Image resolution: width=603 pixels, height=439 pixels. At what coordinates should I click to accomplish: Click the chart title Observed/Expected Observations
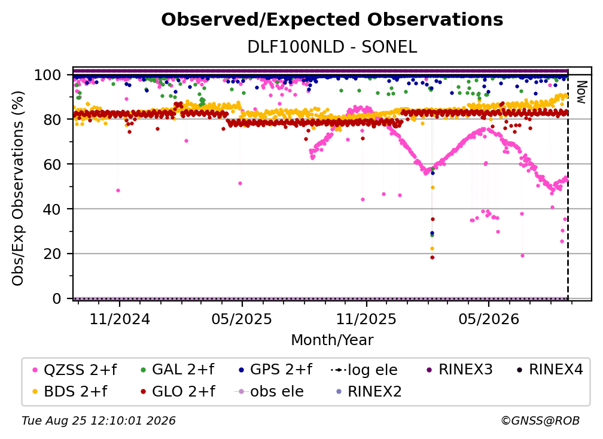[x=332, y=20]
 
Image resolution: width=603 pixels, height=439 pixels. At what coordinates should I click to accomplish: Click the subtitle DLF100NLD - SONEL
[x=332, y=47]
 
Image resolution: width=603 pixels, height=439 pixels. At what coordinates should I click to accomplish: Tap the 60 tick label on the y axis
[x=52, y=164]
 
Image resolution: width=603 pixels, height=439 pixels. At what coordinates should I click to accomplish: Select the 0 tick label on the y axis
[x=56, y=298]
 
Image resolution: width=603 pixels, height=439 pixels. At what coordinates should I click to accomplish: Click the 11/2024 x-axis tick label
[x=120, y=319]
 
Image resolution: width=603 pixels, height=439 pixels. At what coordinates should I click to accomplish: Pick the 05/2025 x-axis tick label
[x=242, y=319]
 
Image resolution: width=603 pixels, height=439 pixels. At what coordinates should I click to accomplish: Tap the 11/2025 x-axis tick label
[x=366, y=319]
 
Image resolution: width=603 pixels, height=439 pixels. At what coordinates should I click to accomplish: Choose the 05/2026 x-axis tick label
[x=489, y=319]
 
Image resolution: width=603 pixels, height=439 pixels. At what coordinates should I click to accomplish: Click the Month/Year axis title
[x=332, y=340]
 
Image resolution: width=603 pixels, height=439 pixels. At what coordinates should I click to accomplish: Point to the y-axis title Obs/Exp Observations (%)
[x=18, y=188]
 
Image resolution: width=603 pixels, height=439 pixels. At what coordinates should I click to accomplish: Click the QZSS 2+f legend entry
[x=75, y=370]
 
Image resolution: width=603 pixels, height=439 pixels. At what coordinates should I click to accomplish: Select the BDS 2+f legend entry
[x=70, y=392]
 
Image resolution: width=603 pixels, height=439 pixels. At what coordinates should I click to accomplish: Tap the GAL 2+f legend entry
[x=177, y=370]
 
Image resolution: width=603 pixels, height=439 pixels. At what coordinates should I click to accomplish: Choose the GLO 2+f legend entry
[x=178, y=392]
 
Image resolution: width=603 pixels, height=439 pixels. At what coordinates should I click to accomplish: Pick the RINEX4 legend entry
[x=550, y=370]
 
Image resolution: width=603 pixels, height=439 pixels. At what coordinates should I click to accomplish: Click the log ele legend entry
[x=364, y=370]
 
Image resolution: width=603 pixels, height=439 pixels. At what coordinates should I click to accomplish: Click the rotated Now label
[x=581, y=92]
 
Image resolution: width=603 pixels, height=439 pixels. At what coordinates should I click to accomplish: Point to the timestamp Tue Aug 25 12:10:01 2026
[x=99, y=421]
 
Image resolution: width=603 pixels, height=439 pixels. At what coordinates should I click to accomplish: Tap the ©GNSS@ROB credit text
[x=540, y=421]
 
